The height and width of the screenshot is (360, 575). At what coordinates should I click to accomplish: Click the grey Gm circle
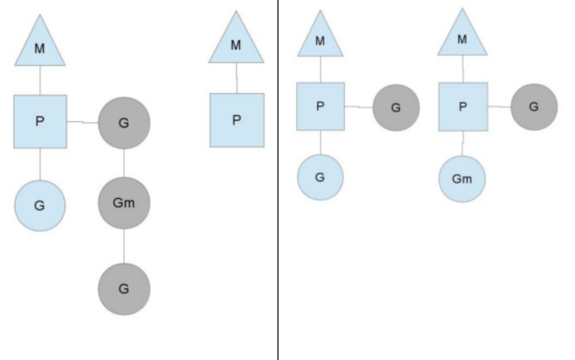[x=124, y=203]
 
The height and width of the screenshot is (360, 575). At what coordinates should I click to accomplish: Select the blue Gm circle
[x=462, y=179]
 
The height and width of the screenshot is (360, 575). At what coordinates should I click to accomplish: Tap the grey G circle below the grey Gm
[x=124, y=289]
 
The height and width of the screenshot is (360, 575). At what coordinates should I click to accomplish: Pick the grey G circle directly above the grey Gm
[x=124, y=123]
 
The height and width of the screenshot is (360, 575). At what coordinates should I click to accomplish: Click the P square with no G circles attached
[x=237, y=120]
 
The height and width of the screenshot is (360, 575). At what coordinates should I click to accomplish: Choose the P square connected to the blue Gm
[x=463, y=107]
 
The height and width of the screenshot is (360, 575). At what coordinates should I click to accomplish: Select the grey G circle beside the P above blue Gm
[x=534, y=107]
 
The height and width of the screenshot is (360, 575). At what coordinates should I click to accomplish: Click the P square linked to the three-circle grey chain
[x=40, y=121]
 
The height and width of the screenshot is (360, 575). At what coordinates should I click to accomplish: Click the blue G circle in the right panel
[x=320, y=177]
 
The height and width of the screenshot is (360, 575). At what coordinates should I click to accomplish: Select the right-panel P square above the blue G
[x=321, y=107]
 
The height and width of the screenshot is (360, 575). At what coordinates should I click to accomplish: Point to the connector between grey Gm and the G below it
[x=124, y=246]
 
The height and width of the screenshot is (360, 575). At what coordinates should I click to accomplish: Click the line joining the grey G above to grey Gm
[x=124, y=163]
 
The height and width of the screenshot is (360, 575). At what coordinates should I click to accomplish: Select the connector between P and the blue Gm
[x=463, y=143]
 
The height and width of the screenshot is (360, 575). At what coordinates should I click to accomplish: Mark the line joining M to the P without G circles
[x=236, y=78]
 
